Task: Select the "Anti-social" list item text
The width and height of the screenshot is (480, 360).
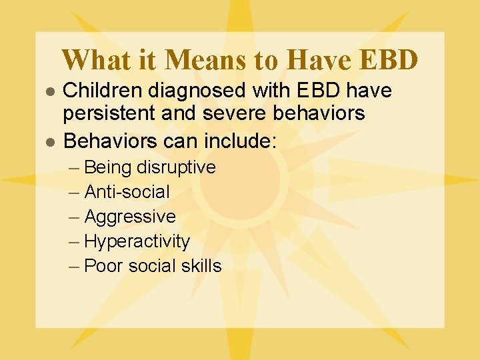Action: [127, 192]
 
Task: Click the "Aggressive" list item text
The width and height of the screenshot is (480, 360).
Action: [130, 217]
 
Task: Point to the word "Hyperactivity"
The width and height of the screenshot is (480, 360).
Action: [137, 241]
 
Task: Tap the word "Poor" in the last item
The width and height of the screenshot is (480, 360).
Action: [103, 266]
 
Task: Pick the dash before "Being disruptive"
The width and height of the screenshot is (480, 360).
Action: [75, 167]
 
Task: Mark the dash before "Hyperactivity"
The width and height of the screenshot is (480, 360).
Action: [75, 241]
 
